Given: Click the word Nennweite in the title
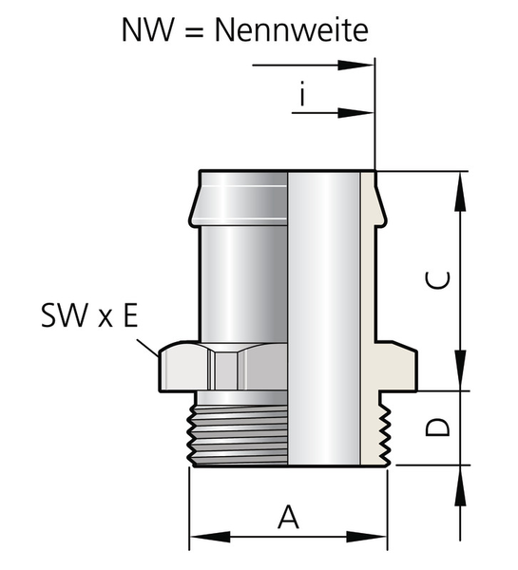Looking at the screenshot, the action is coord(292,29).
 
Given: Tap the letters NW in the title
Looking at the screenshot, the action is coord(147,29).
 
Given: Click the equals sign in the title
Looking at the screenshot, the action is coord(194,30).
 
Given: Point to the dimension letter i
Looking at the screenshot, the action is coord(302,93).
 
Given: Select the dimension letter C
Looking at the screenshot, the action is coord(437,280).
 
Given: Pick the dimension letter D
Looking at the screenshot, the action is coord(437,427).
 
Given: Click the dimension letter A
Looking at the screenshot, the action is coord(289,517).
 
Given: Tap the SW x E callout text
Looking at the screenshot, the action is coord(89,315).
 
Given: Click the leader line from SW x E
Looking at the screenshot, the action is coord(147,348).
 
